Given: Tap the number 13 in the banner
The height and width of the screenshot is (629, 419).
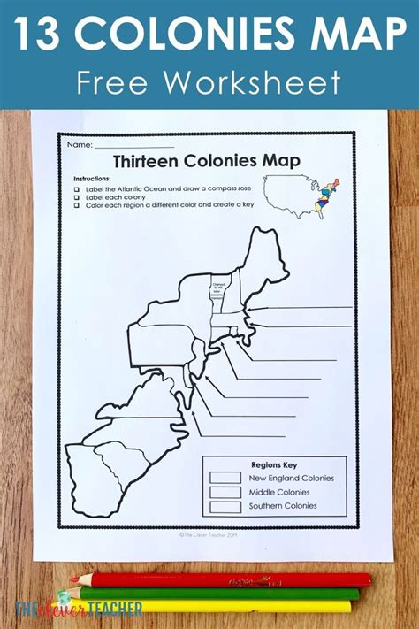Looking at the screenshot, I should pos(40,35).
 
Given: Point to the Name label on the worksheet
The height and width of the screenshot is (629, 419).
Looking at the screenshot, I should pos(79,144).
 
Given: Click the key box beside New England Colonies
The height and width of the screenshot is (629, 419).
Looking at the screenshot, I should pos(225,478).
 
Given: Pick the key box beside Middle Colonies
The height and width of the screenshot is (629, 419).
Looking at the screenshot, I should pos(225,493).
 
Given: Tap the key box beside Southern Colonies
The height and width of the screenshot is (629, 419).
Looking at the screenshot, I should pos(225,507).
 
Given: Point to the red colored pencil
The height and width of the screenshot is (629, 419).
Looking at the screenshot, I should pos(221,580).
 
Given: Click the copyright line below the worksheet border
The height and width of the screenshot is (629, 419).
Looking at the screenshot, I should pos(209,534).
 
